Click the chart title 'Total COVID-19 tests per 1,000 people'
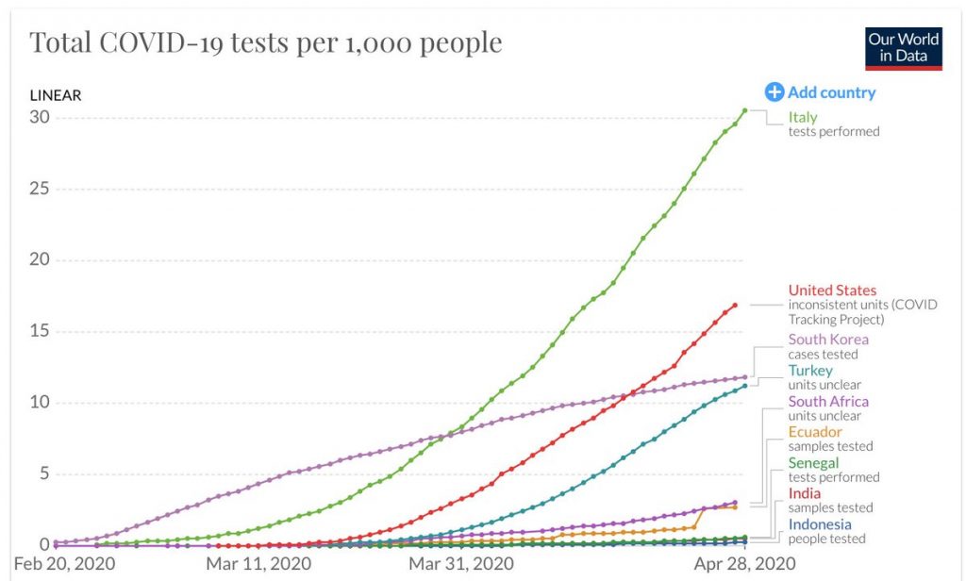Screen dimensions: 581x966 point(265,42)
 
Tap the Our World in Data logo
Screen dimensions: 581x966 point(904,48)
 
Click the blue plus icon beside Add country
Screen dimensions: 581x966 point(774,91)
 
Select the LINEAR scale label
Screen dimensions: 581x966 point(56,95)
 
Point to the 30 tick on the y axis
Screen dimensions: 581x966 point(39,117)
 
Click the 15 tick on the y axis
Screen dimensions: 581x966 point(39,331)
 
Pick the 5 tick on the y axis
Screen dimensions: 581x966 point(43,473)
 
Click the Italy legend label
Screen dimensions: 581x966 point(803,117)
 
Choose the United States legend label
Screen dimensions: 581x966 point(832,290)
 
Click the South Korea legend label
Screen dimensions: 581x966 point(828,340)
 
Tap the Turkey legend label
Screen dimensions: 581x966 point(810,371)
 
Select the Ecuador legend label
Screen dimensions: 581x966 point(815,432)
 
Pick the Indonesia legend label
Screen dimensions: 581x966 point(820,524)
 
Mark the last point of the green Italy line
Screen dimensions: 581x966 point(744,110)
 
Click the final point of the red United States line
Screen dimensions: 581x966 point(735,305)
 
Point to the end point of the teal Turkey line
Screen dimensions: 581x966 point(744,385)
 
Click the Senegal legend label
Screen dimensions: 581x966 point(813,463)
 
